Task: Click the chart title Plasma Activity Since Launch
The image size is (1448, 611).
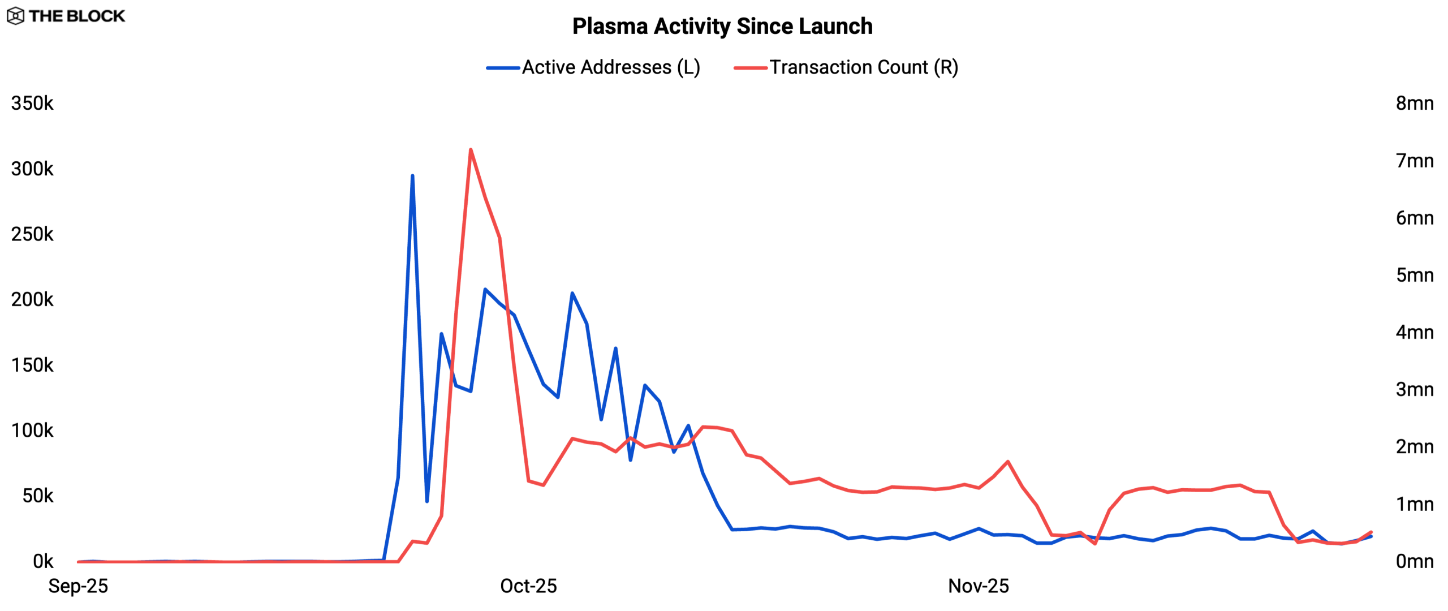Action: coord(722,27)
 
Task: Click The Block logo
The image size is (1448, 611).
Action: coord(66,16)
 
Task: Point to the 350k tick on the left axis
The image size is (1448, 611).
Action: coord(32,104)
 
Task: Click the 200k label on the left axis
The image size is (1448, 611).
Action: coord(32,299)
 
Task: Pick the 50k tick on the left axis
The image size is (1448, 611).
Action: coord(38,496)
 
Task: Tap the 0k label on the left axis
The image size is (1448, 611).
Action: coord(43,561)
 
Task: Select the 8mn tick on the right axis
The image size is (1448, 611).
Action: coord(1415,104)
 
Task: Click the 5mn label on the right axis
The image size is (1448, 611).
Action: coord(1415,276)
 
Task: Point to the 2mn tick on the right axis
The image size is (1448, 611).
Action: coord(1415,447)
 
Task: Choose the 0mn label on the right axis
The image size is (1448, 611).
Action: coord(1415,561)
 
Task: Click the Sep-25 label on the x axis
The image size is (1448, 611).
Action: coord(78,586)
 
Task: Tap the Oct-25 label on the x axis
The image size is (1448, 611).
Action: coord(528,586)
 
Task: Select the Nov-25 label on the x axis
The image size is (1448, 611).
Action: coord(979,586)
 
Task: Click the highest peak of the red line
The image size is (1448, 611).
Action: coord(471,150)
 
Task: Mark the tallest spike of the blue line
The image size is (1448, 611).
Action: coord(412,176)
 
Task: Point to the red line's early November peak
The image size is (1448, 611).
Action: coord(1008,462)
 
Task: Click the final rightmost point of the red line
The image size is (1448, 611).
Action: coord(1371,532)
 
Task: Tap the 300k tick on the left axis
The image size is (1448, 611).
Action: coord(32,169)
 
